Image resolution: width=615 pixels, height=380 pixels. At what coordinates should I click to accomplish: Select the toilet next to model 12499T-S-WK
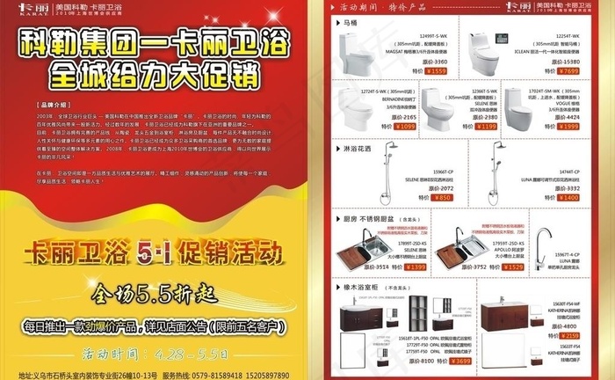[x=353, y=55]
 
